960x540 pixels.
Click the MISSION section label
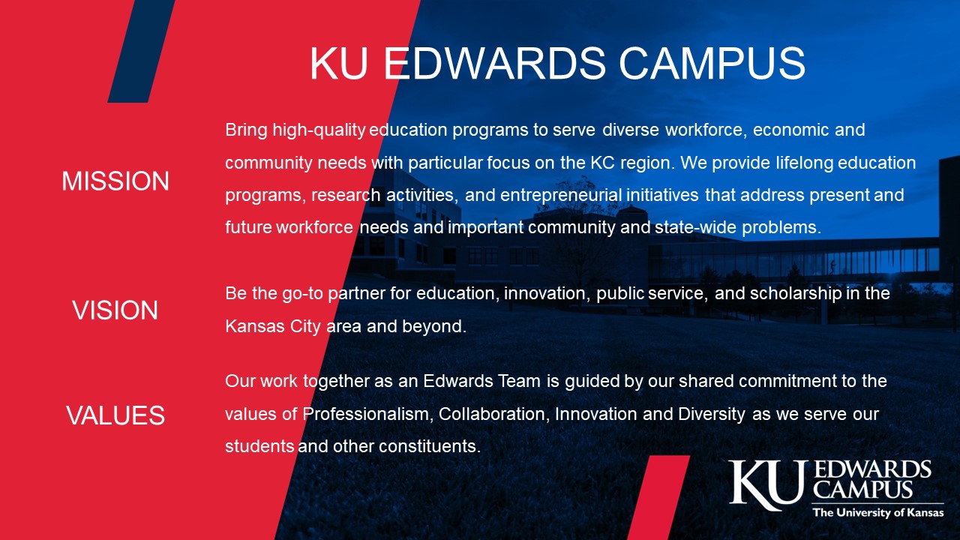click(x=115, y=181)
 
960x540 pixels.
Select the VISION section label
click(x=115, y=310)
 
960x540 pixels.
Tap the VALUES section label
click(x=115, y=415)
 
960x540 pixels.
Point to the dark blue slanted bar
click(x=142, y=51)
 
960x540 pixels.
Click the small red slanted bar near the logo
click(x=658, y=497)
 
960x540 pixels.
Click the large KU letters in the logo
click(x=767, y=485)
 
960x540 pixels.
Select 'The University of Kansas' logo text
click(x=878, y=512)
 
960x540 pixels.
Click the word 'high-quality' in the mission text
click(x=319, y=130)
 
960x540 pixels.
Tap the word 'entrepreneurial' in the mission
click(x=561, y=195)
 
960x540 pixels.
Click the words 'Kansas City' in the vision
click(x=273, y=326)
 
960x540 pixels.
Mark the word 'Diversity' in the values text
click(x=712, y=414)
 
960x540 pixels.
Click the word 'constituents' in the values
click(x=430, y=446)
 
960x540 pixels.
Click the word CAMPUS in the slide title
click(x=712, y=63)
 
